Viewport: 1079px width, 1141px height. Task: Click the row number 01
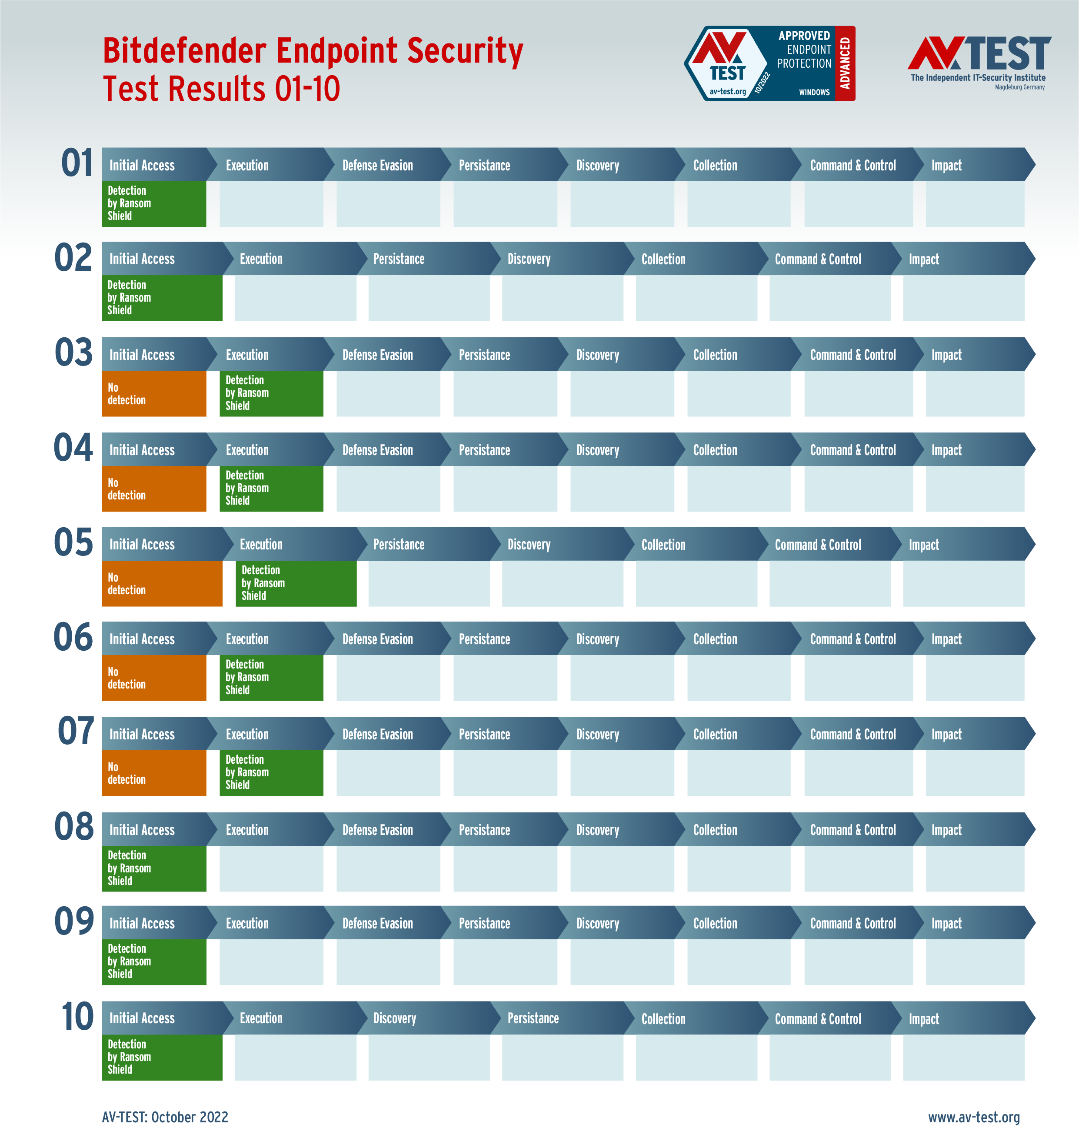point(77,163)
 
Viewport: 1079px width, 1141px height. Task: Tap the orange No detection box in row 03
point(153,393)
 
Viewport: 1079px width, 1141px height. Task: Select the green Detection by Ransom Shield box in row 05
point(296,583)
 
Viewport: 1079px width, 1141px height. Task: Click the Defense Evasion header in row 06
point(377,639)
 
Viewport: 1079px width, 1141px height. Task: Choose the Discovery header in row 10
point(395,1018)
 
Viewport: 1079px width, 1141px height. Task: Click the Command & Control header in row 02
point(817,259)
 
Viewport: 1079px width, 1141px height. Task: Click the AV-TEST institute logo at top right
point(979,62)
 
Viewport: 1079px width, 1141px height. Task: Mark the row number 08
point(73,827)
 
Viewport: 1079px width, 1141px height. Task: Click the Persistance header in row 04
point(484,450)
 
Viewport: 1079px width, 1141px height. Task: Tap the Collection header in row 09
point(715,924)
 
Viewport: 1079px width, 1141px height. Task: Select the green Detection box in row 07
point(271,772)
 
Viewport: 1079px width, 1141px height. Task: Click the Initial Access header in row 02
point(142,259)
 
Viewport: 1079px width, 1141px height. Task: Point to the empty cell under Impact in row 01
point(975,204)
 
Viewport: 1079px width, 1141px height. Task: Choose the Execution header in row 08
point(247,830)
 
